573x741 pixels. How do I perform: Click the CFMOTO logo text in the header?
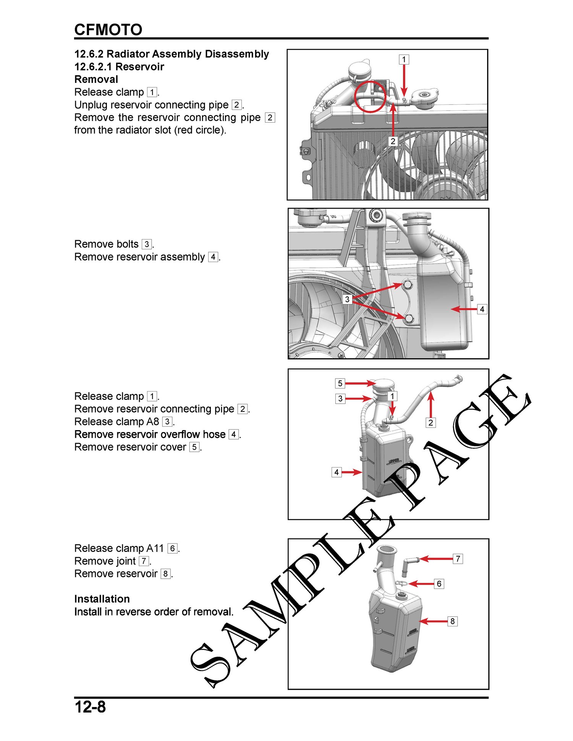click(108, 29)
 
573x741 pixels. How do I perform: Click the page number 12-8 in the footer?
click(90, 707)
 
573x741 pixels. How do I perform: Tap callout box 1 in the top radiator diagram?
click(404, 60)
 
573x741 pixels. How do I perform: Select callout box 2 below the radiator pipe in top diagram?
click(393, 141)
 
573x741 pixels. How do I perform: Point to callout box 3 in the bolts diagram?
click(347, 299)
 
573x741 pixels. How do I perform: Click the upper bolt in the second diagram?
click(408, 285)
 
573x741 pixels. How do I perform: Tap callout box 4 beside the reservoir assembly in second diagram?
click(482, 309)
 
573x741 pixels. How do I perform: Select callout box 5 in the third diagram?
click(340, 383)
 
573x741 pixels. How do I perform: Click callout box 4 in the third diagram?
click(337, 472)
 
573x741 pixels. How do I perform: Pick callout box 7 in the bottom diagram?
click(458, 559)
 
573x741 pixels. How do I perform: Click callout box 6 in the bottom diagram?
click(439, 584)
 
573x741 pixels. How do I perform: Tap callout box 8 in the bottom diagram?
click(453, 621)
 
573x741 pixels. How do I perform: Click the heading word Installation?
click(102, 599)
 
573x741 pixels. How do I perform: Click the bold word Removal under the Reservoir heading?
click(96, 79)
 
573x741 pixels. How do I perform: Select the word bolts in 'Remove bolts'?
click(128, 244)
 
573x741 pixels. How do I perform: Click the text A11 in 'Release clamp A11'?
click(155, 548)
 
